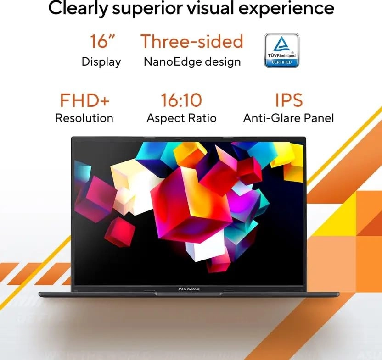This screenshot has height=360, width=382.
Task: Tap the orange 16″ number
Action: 102,41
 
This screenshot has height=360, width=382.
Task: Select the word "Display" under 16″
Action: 101,61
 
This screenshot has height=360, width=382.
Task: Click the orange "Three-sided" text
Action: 191,41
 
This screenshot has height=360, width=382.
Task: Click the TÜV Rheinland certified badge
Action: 281,50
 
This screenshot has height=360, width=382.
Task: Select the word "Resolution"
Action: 84,118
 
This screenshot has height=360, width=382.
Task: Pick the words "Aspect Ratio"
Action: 181,118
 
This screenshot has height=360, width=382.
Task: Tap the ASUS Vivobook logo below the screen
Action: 189,289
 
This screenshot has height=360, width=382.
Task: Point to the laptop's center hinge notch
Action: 189,294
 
